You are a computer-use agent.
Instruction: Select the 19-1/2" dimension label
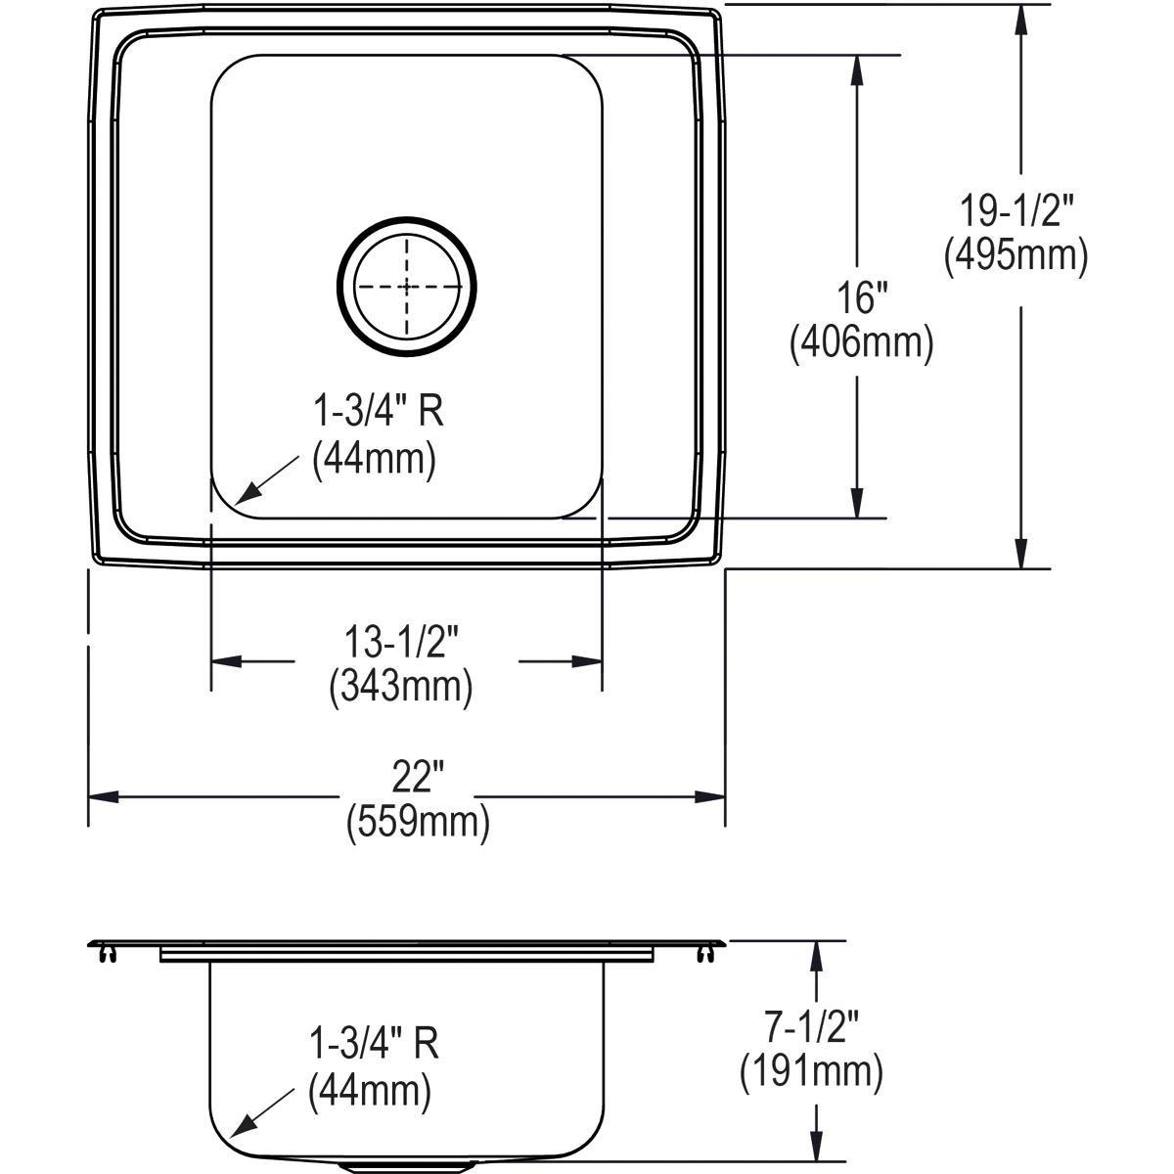[1015, 210]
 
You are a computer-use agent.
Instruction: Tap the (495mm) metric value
[1015, 256]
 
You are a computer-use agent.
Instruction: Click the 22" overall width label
[418, 778]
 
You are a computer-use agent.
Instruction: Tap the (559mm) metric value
[418, 822]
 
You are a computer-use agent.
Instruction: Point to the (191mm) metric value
[811, 1072]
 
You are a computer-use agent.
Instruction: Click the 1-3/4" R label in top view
[378, 413]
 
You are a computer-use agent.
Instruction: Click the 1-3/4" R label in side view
[373, 1044]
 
